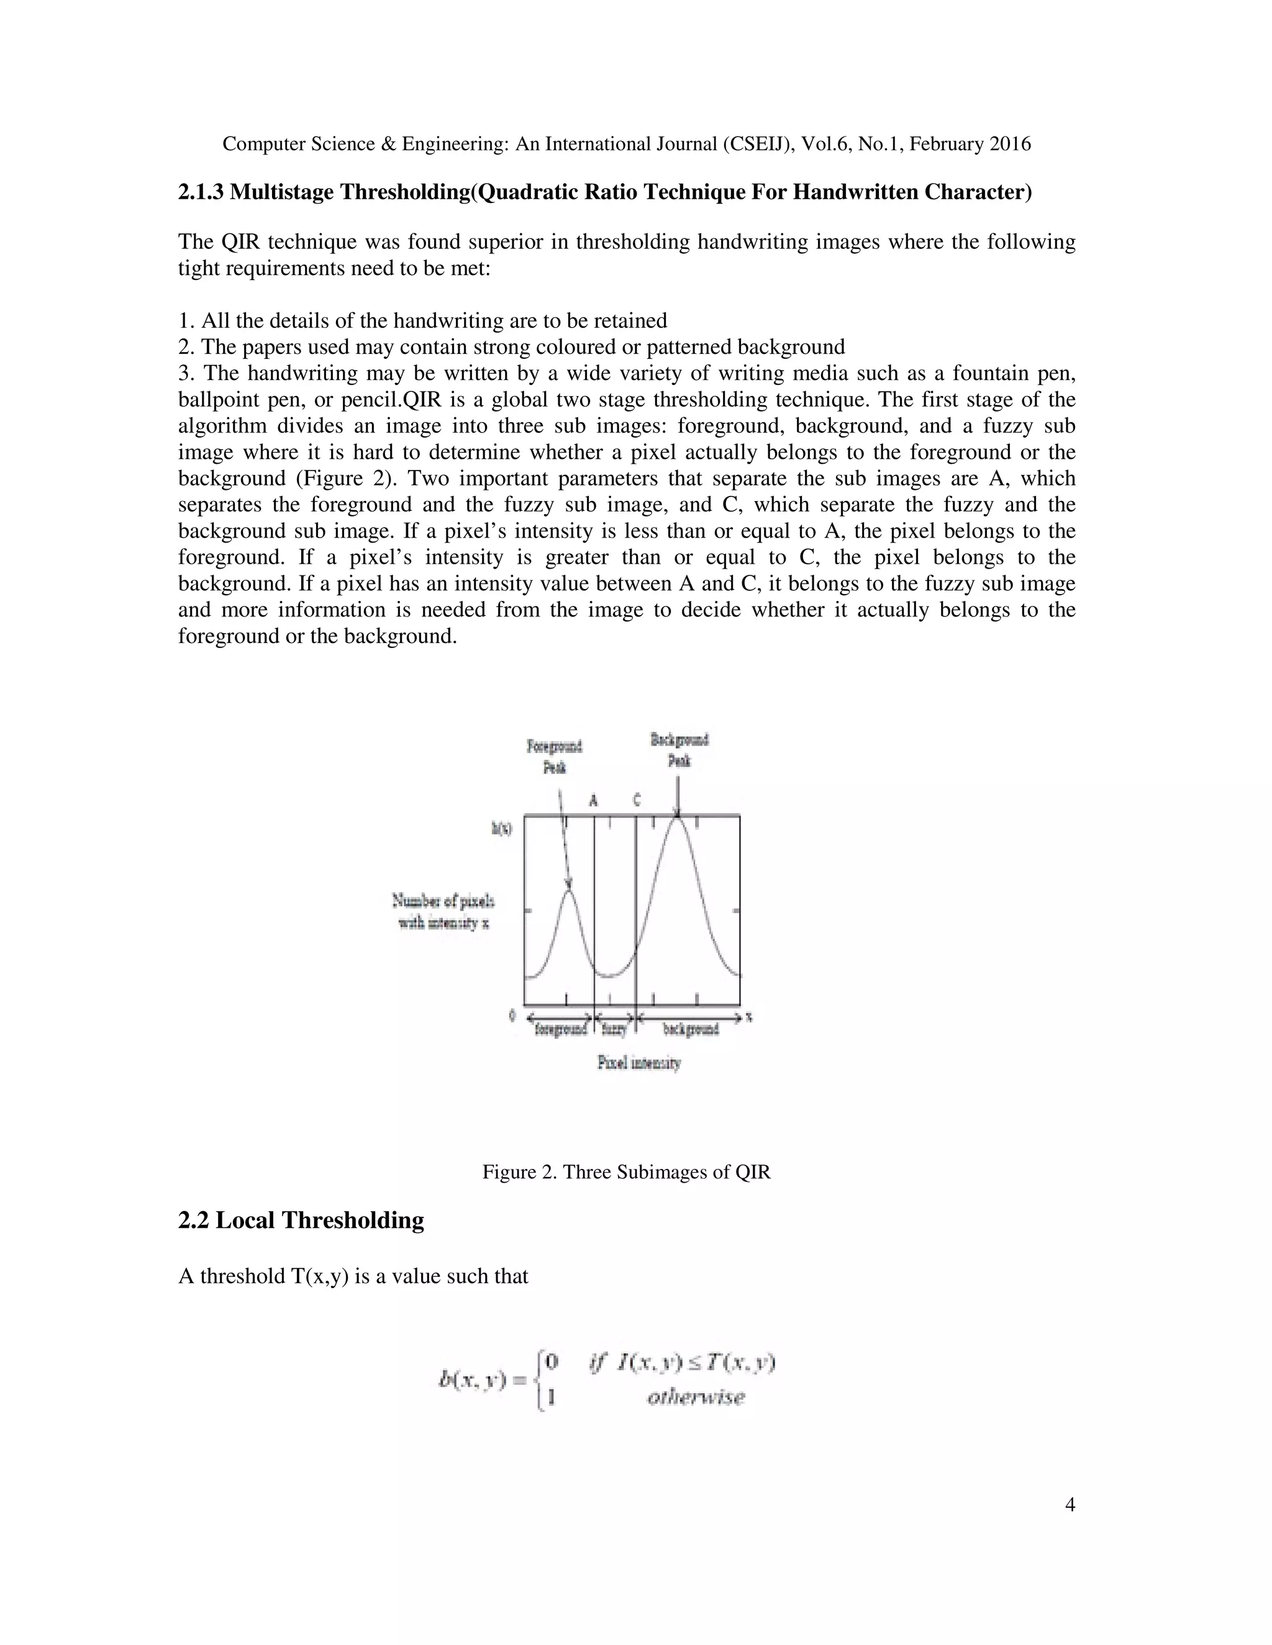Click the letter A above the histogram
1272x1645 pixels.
point(593,800)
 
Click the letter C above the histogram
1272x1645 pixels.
point(637,800)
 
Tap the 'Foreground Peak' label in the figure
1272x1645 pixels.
point(555,756)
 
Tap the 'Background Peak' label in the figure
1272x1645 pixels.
point(679,749)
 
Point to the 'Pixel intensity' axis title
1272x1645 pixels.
point(639,1063)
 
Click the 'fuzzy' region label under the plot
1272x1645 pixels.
point(615,1029)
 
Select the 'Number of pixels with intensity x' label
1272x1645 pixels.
point(443,911)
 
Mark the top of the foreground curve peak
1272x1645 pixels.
point(569,890)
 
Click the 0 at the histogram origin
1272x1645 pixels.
point(512,1016)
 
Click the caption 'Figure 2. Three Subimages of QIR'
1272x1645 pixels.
point(626,1172)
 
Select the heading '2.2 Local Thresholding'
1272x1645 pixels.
point(301,1220)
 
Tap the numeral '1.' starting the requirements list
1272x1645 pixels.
point(187,321)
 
